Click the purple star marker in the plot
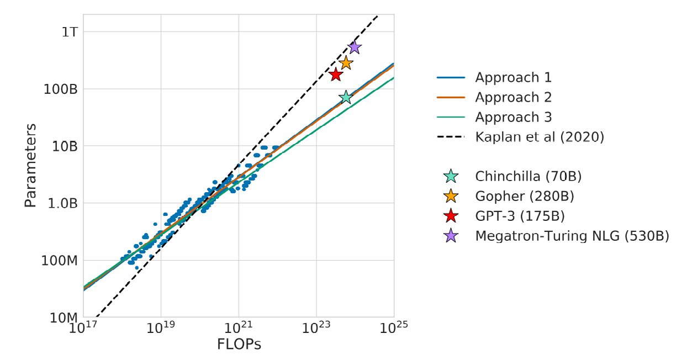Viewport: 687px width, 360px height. [355, 47]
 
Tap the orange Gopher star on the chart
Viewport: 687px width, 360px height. [346, 63]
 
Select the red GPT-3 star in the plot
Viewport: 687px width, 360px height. [335, 75]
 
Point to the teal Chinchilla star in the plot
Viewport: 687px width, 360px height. [346, 97]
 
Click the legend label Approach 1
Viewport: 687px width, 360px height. [513, 77]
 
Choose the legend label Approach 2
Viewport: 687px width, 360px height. [513, 97]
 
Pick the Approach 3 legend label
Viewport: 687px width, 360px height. [513, 117]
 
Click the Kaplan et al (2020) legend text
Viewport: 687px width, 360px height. [540, 137]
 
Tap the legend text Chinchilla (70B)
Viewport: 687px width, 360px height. [528, 176]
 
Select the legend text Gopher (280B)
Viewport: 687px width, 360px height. [525, 196]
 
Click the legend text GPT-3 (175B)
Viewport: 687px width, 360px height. [520, 216]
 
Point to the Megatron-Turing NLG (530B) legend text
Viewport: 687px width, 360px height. [572, 236]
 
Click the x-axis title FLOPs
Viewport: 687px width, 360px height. [239, 345]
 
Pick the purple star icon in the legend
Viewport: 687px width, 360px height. [451, 236]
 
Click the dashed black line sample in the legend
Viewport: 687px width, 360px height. [451, 137]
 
